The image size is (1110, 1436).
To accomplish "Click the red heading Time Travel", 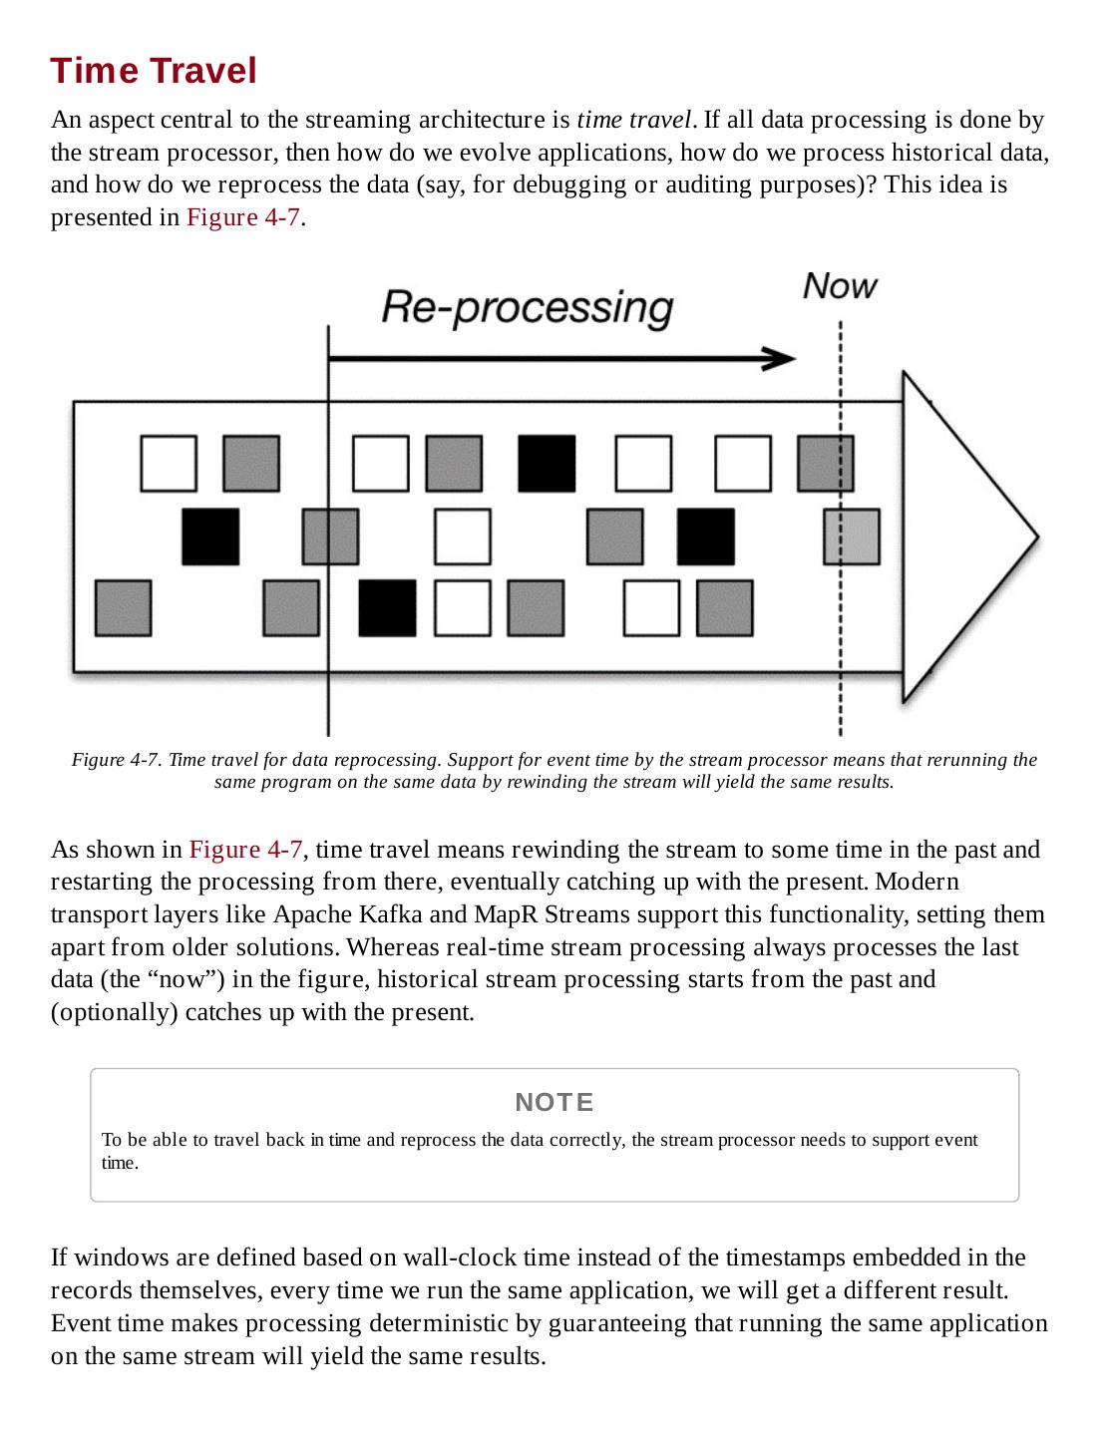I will click(x=154, y=71).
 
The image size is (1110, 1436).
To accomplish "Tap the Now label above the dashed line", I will click(x=840, y=286).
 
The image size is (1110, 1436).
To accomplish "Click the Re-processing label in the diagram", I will click(x=527, y=306).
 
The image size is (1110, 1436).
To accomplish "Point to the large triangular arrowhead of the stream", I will click(x=963, y=537).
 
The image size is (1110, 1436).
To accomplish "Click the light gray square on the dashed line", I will click(x=852, y=537).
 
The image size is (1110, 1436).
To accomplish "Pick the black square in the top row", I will click(x=547, y=463).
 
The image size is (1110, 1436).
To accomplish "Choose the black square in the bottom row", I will click(x=387, y=607).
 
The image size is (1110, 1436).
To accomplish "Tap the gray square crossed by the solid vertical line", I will click(x=330, y=537).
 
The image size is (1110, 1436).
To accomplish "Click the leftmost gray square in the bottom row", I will click(x=123, y=607).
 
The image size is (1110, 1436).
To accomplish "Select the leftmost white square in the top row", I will click(x=169, y=463).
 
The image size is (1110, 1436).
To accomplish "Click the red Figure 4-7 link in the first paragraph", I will click(x=243, y=217).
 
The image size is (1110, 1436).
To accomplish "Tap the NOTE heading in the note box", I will click(x=555, y=1102).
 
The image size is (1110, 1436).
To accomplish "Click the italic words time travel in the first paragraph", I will click(x=633, y=120).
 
